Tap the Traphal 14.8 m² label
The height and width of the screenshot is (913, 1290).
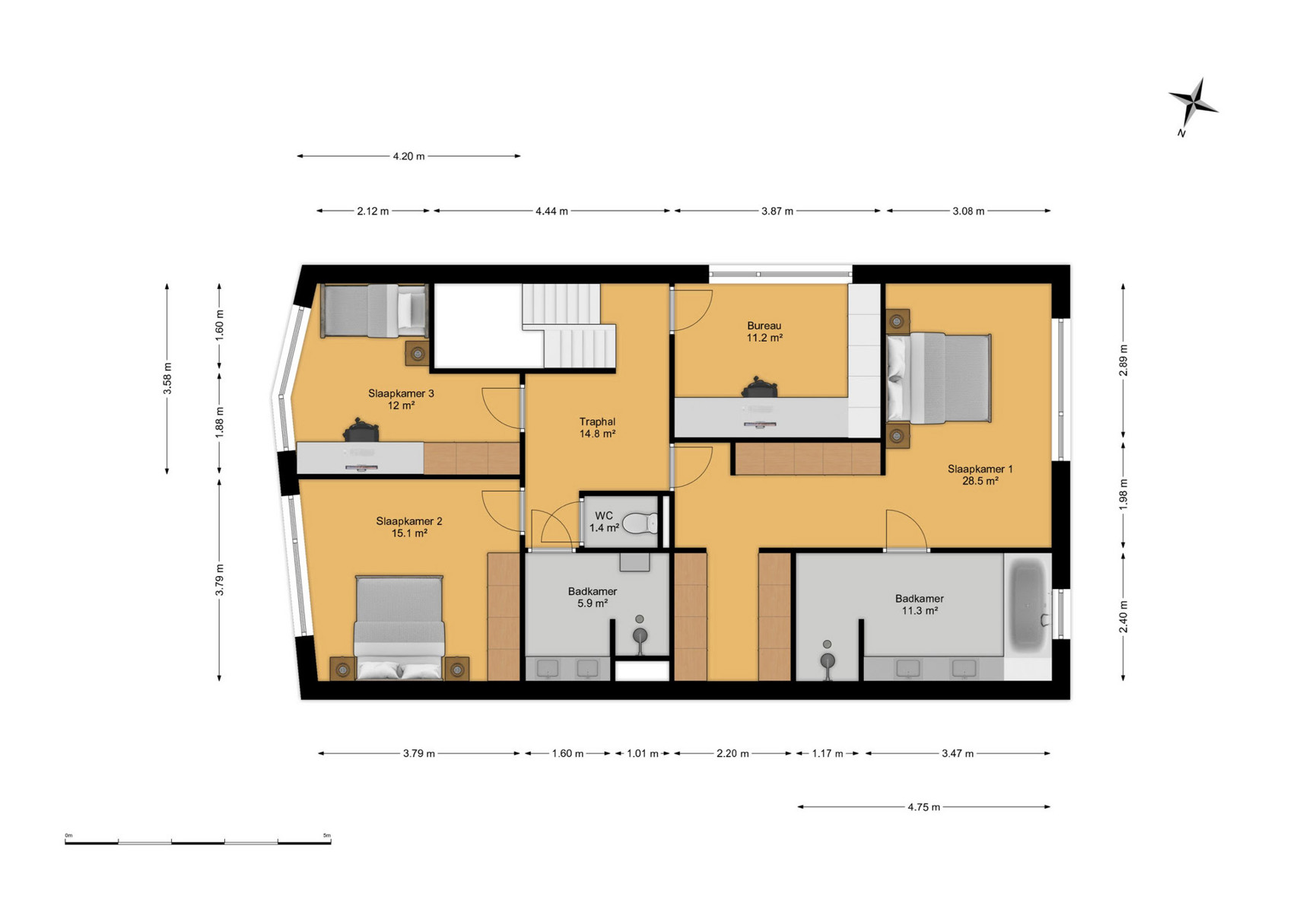[597, 428]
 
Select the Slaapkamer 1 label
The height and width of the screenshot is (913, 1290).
[980, 475]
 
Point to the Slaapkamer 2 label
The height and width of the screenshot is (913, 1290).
[409, 527]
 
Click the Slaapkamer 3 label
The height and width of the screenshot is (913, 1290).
[401, 399]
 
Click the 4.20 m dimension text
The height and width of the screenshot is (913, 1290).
[409, 156]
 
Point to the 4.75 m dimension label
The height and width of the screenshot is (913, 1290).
[923, 807]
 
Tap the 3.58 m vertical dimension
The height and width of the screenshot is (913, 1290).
[167, 378]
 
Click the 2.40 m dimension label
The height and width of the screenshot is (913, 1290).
[1123, 616]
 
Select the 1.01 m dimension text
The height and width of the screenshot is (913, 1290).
[642, 753]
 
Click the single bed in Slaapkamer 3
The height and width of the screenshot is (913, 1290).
[374, 310]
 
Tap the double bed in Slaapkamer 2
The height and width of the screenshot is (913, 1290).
[399, 628]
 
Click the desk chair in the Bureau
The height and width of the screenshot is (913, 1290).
[760, 388]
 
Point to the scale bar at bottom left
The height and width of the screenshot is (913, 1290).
[198, 841]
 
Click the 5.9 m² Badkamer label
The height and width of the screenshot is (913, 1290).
[592, 597]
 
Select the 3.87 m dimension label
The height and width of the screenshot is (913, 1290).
[777, 211]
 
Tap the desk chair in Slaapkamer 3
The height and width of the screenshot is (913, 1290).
[361, 431]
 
